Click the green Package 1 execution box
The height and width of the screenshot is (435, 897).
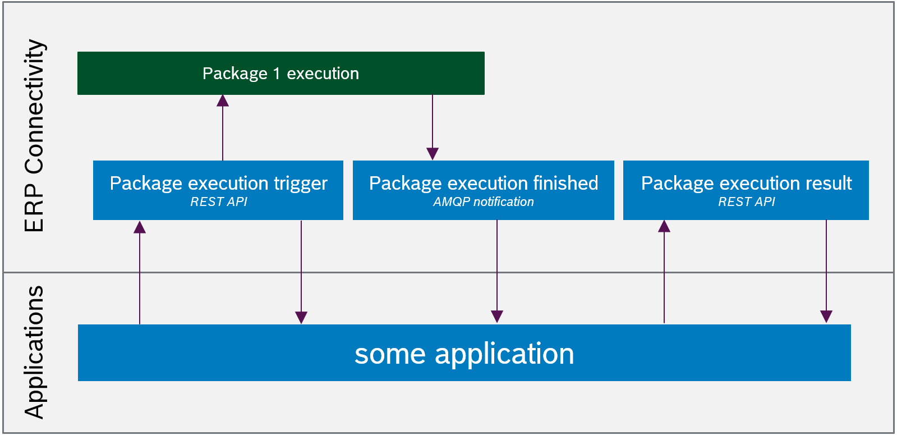(x=280, y=73)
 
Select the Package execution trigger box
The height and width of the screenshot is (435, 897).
(x=218, y=190)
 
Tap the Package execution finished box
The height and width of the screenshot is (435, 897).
(x=483, y=190)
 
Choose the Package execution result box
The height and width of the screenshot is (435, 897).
(x=746, y=190)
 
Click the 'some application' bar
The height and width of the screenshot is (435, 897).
(x=464, y=353)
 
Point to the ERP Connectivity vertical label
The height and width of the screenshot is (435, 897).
(x=35, y=135)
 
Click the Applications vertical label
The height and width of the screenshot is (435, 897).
(x=35, y=352)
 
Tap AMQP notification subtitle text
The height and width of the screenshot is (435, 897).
(x=483, y=202)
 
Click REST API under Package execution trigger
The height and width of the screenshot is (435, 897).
(x=218, y=202)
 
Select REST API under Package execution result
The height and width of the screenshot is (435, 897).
(x=746, y=202)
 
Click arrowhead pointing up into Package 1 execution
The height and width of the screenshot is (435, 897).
(x=223, y=100)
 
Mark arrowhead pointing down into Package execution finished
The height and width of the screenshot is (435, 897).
(x=433, y=154)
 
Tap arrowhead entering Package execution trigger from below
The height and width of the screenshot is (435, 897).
(x=140, y=227)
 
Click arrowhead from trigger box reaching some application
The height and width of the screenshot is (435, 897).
(x=301, y=318)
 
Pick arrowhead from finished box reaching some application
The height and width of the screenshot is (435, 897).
(x=497, y=317)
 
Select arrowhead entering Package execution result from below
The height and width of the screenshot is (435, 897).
(x=664, y=226)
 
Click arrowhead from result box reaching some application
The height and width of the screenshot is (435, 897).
(x=826, y=317)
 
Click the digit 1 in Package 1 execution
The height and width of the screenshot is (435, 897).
(x=277, y=74)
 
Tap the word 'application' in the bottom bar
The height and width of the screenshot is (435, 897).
(x=504, y=354)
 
